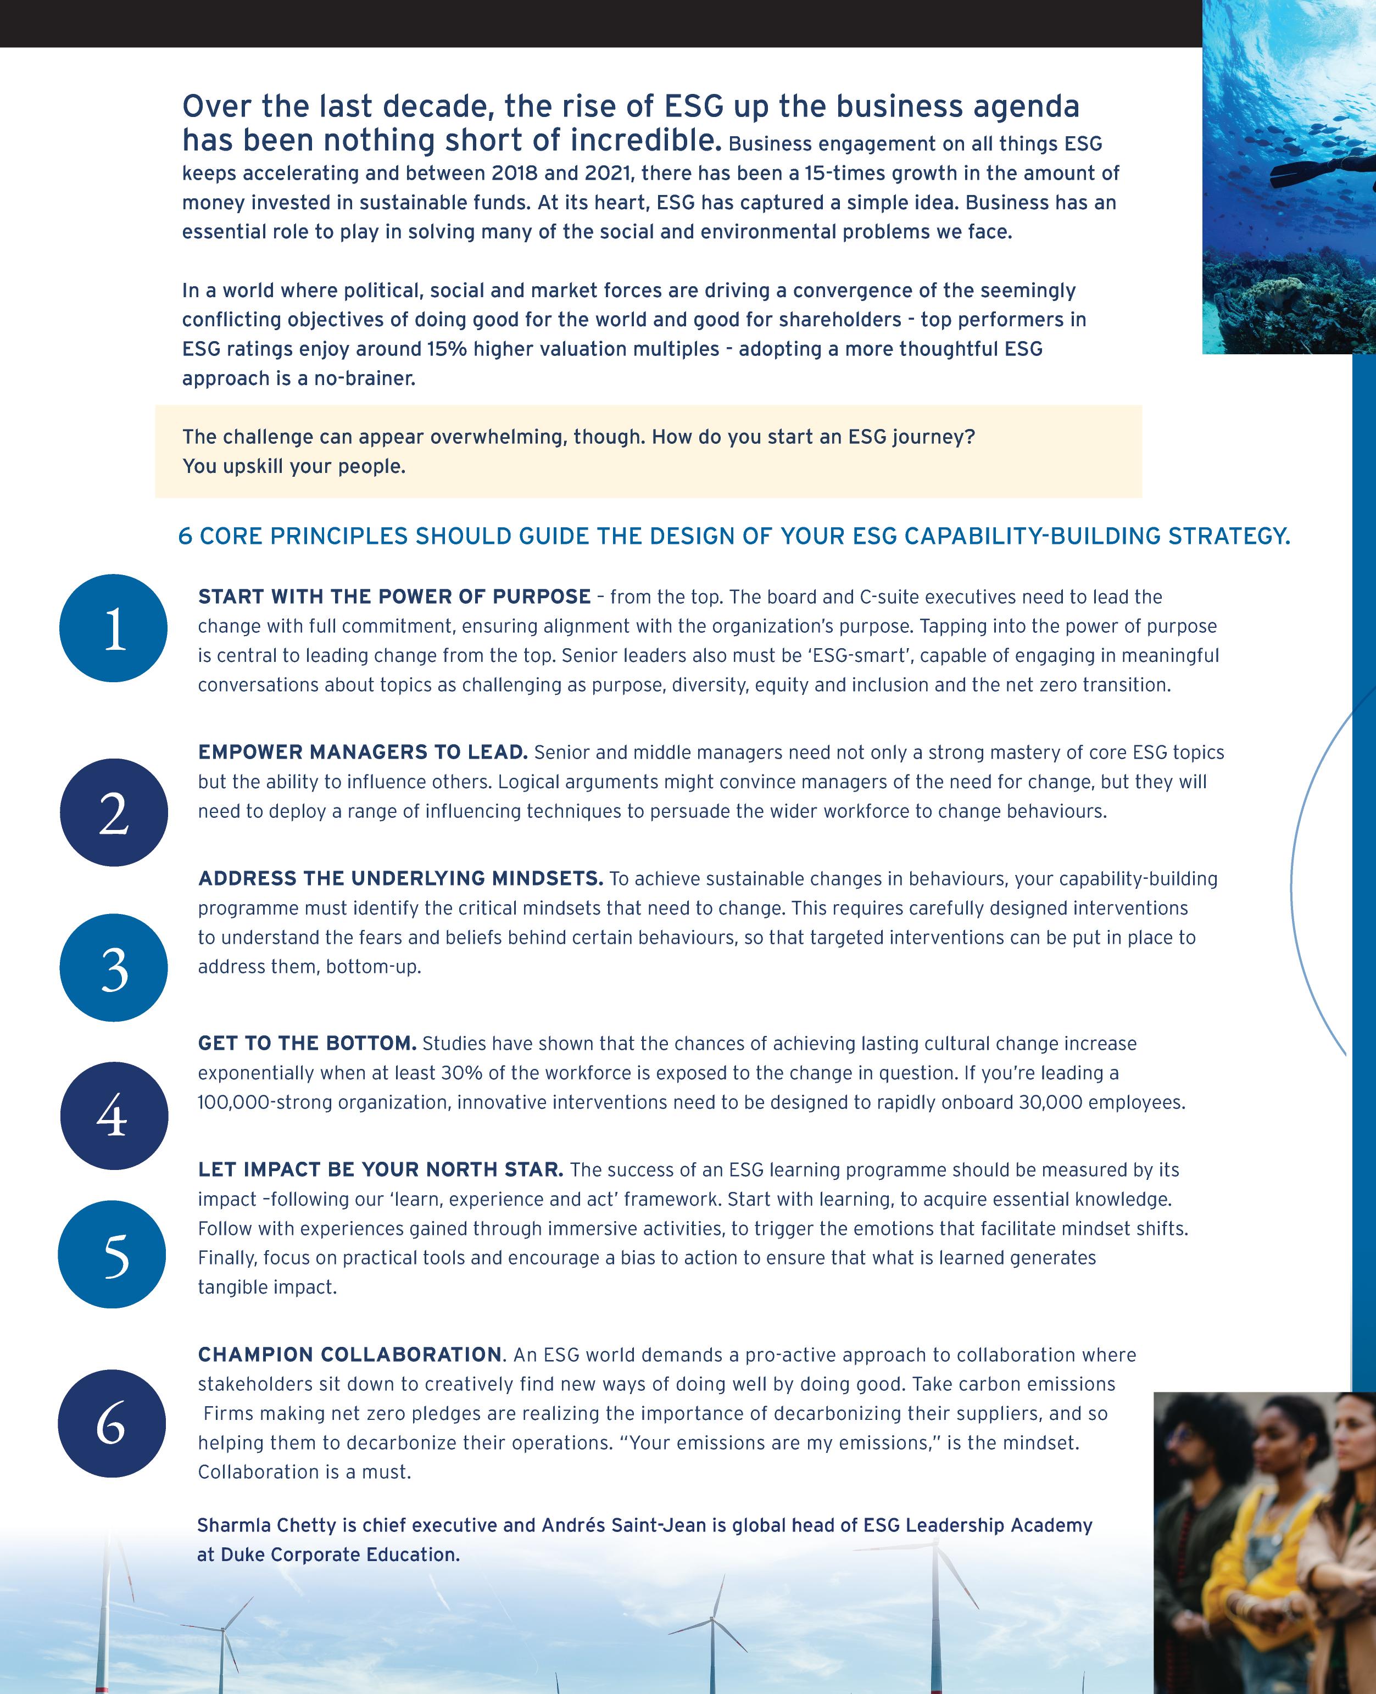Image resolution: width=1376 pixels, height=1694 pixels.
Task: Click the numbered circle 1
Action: click(x=113, y=628)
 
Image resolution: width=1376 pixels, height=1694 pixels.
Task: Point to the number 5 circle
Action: click(x=113, y=1254)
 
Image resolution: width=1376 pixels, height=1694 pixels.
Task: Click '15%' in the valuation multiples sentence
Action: click(x=447, y=349)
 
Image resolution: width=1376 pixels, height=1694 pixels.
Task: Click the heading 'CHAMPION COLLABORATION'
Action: click(x=349, y=1354)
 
